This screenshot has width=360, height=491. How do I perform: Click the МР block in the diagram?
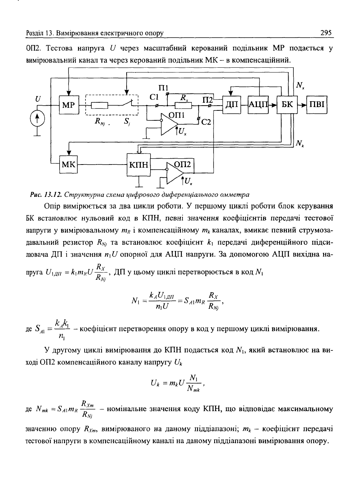(x=69, y=105)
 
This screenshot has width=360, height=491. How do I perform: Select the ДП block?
(x=232, y=105)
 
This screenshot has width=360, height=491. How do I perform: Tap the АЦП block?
(x=258, y=105)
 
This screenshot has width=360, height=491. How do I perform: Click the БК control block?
(x=287, y=105)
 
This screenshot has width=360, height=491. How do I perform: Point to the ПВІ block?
(x=317, y=105)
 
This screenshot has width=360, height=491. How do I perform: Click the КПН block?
(x=139, y=165)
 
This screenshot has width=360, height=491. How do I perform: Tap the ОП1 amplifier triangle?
(x=169, y=124)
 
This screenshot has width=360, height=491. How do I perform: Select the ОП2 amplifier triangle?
(x=175, y=173)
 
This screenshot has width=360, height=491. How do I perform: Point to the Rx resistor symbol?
(x=183, y=106)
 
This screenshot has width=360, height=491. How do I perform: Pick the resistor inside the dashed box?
(x=99, y=106)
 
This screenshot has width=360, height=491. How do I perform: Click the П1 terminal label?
(x=163, y=88)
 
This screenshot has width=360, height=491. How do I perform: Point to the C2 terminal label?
(x=206, y=122)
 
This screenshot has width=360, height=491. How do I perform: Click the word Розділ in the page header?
(x=35, y=33)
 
